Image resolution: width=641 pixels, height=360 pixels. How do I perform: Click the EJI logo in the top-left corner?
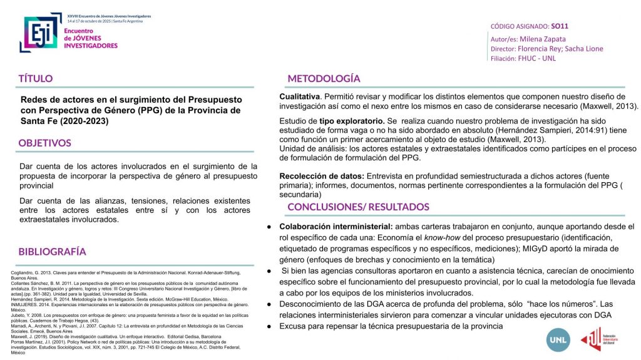pos(41,31)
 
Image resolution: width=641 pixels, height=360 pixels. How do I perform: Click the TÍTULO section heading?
pos(36,79)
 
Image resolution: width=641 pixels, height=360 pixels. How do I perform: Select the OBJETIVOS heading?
pos(45,143)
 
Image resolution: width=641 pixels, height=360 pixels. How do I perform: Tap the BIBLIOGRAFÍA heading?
pos(52,252)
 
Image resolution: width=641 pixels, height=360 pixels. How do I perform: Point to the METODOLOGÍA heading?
pos(324,78)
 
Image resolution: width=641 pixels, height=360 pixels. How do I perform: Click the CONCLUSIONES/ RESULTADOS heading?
pos(358,207)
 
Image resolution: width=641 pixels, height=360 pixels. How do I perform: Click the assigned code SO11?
pos(560,26)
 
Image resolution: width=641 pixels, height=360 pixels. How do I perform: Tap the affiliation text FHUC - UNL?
pos(536,58)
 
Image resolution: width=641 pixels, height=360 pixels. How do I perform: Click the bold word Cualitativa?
pos(300,97)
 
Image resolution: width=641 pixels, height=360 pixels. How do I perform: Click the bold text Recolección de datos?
pos(322,176)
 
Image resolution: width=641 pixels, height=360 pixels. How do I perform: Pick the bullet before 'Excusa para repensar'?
pos(269,327)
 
